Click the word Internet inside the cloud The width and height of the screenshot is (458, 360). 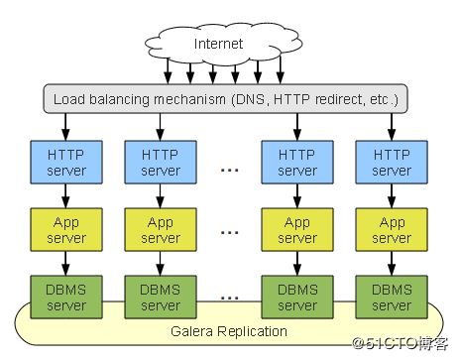218,44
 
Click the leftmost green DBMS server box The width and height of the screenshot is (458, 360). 65,296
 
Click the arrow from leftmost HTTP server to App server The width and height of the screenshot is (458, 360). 65,197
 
